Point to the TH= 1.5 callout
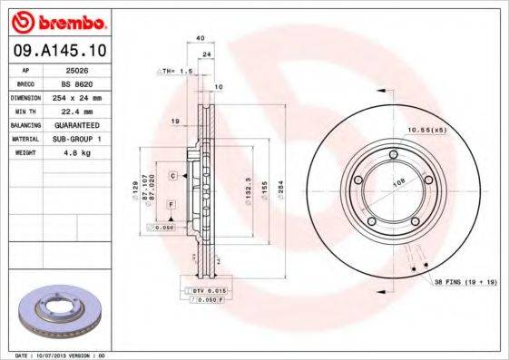176,70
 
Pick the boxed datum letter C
171,173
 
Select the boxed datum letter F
170,207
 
